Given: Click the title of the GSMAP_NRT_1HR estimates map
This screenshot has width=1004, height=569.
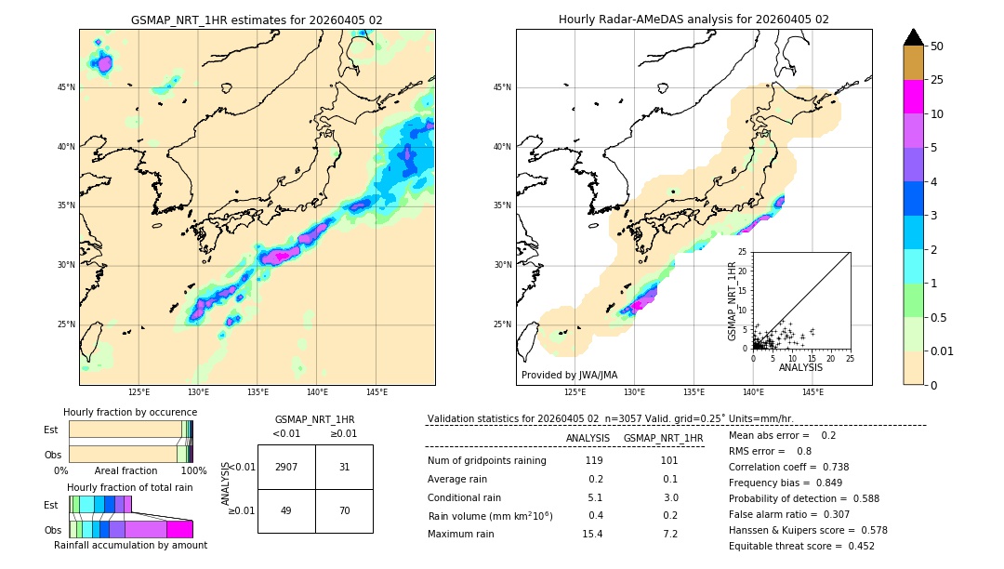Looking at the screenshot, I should (257, 20).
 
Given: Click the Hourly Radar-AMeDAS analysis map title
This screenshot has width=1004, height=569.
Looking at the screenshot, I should (694, 20).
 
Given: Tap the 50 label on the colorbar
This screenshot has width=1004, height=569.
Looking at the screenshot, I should (937, 46).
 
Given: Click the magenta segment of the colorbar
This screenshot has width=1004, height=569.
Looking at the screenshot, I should (913, 97).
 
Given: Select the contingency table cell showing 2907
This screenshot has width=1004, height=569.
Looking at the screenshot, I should (286, 467).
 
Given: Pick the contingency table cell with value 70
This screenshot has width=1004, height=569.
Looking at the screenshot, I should (344, 510).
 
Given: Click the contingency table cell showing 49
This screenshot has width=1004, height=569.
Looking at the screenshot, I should (286, 510).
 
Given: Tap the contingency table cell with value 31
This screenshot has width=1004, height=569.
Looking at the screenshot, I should (344, 467).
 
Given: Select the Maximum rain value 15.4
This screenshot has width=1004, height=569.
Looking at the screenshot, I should (592, 534).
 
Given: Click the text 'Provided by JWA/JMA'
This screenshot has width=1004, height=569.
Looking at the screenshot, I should (569, 375).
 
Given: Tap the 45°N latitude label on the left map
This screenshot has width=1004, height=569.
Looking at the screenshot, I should (66, 87).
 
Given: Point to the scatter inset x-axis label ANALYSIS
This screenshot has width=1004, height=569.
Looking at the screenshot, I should (800, 367).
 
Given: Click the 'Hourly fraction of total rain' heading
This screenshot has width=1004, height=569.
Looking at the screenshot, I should (130, 488).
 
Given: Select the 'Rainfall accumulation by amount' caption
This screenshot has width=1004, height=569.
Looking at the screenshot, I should (130, 545).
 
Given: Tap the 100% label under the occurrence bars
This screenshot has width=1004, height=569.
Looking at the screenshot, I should (193, 471).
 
